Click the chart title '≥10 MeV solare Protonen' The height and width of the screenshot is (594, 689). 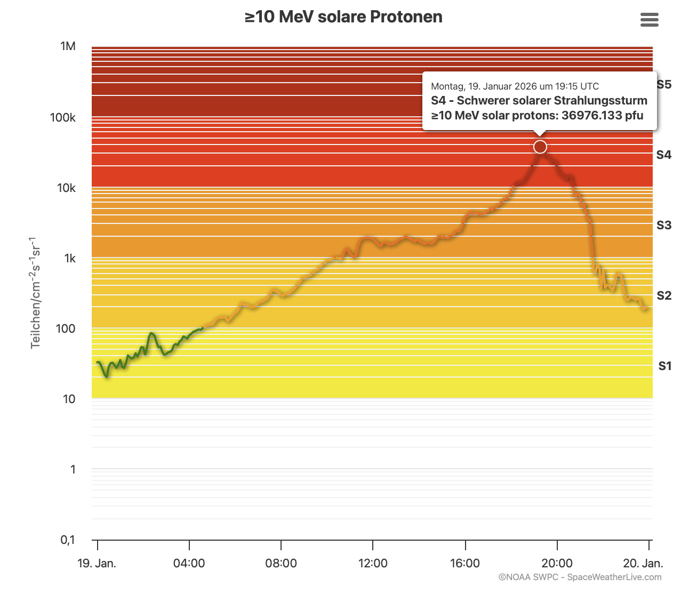[x=343, y=17]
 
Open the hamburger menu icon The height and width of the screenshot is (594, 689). [x=649, y=20]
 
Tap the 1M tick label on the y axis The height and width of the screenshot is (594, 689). [x=68, y=46]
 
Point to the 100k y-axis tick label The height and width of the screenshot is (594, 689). [x=63, y=117]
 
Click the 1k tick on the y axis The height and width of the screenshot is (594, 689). [x=70, y=258]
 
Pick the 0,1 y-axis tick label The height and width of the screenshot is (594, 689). [x=68, y=540]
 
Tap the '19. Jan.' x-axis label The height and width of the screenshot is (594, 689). [x=97, y=563]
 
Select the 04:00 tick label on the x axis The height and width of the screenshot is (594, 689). [x=189, y=563]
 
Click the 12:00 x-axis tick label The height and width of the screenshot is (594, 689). [x=373, y=563]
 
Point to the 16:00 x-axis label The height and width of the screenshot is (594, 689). [x=464, y=563]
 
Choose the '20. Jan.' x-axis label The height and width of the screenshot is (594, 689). [x=643, y=563]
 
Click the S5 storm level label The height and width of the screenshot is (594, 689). [x=664, y=84]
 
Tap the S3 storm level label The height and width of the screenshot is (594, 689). [x=664, y=225]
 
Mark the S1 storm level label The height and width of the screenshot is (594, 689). [x=664, y=366]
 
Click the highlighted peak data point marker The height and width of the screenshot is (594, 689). [x=540, y=147]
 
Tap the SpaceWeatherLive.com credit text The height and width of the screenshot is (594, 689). [x=614, y=577]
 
